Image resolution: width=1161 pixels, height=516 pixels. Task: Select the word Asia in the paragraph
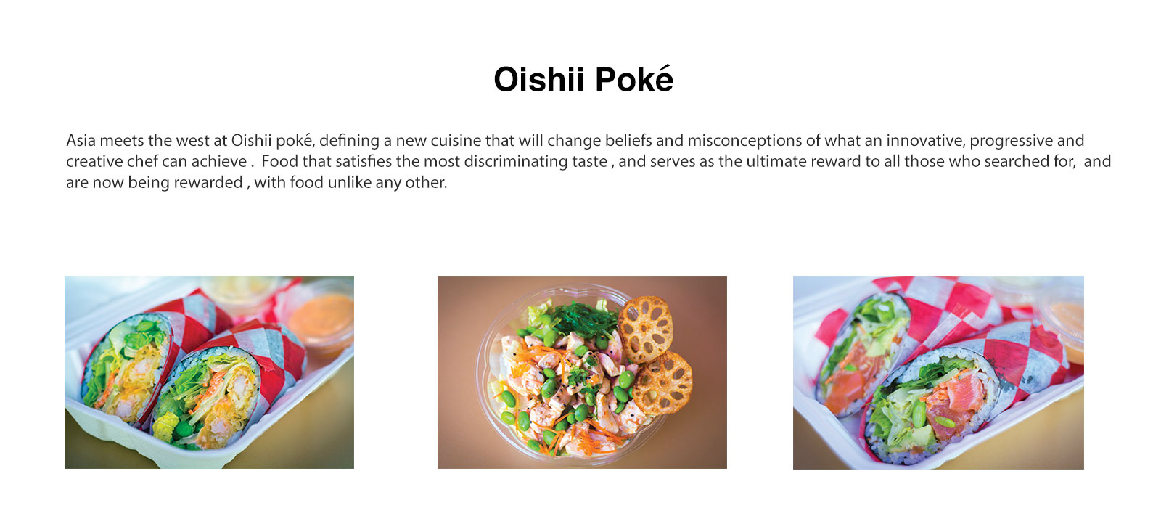pos(81,140)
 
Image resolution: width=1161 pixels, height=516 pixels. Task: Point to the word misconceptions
pos(744,141)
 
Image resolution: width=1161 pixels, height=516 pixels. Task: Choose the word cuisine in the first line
pos(456,140)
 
